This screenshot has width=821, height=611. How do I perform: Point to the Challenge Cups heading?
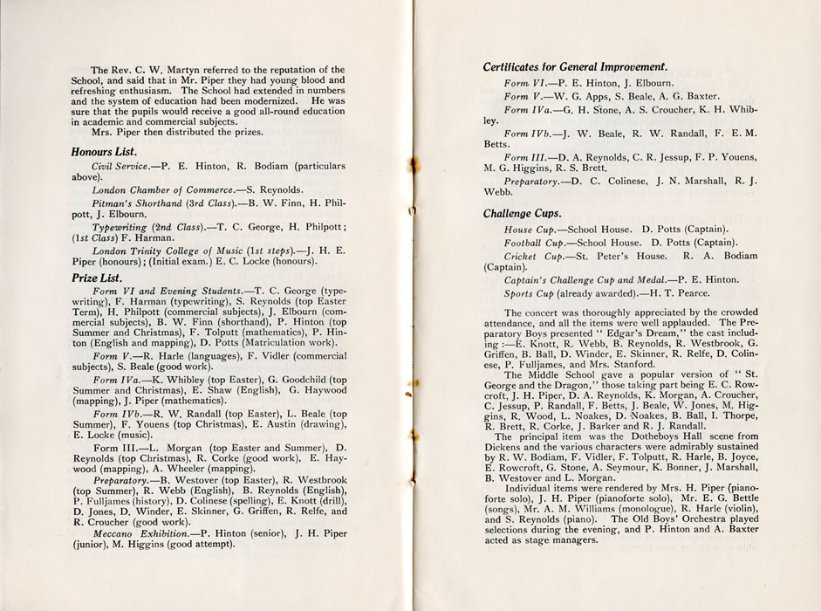(523, 213)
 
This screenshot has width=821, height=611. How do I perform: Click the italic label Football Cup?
(533, 242)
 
